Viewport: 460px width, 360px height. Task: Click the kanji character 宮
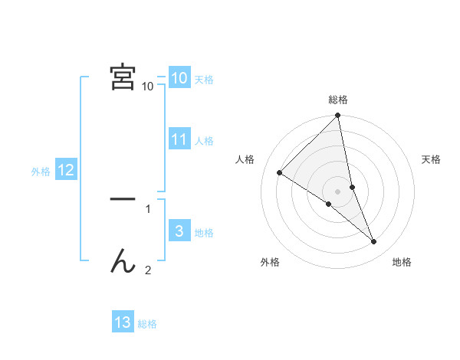pos(123,77)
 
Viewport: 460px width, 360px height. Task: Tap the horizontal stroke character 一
pos(123,199)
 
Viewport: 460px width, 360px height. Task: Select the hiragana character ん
pos(123,263)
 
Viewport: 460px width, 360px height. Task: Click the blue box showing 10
pos(179,78)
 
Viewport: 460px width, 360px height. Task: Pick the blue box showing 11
pos(179,139)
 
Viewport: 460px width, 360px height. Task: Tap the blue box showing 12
pos(66,170)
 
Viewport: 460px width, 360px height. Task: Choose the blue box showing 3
pos(179,231)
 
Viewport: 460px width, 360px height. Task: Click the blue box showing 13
pos(123,322)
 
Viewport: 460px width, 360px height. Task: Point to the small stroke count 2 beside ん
pos(148,270)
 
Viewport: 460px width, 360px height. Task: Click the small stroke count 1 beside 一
pos(148,208)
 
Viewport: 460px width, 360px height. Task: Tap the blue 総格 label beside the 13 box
pos(147,324)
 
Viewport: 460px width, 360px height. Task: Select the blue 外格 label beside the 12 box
pos(41,172)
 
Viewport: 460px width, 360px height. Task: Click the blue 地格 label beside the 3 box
pos(204,233)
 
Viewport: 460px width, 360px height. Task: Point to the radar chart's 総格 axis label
pos(338,100)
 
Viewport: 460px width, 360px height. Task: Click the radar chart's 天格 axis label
pos(432,159)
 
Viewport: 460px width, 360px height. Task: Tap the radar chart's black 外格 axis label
pos(270,262)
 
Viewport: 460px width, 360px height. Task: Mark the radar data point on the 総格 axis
pos(338,116)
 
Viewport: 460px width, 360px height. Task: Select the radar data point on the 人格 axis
pos(280,173)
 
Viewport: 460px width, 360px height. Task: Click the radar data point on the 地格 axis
pos(374,241)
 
